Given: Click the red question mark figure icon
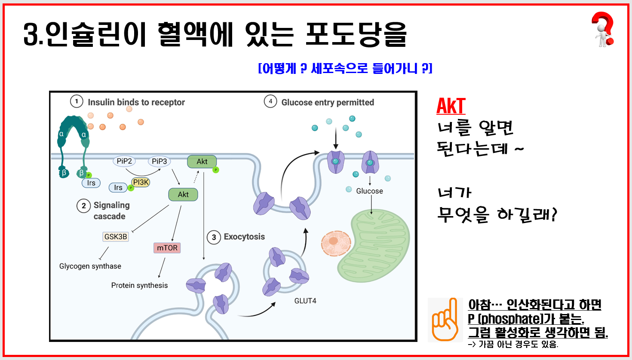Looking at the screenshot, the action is tap(603, 29).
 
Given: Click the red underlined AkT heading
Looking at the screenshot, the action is tap(451, 106).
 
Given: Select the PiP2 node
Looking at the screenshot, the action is tap(124, 161).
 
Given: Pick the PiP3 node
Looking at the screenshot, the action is tap(159, 161).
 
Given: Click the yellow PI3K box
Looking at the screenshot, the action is tap(141, 182).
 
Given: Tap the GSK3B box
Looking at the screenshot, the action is tap(116, 236).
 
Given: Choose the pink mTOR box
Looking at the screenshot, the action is tap(167, 248).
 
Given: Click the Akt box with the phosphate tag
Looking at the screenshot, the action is tap(202, 162).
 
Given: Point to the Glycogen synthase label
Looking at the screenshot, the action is tap(90, 266).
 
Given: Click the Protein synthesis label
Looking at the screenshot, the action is tap(139, 285).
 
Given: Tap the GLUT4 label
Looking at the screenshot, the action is tap(305, 301).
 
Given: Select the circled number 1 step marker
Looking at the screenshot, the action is tap(77, 102).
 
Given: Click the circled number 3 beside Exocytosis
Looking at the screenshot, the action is tap(214, 237).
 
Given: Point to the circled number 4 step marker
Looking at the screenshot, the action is tap(270, 102).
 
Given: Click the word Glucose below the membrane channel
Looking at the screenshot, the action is tap(369, 191).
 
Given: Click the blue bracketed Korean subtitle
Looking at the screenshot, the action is tap(345, 68).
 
